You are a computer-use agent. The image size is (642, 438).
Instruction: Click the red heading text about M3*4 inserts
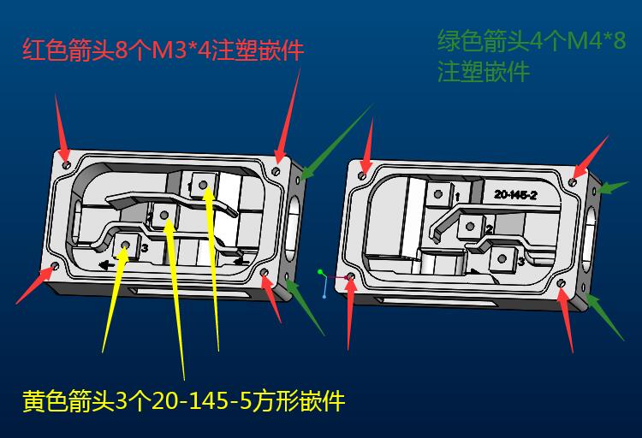tap(163, 50)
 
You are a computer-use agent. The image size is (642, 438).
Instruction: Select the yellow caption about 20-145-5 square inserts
tap(184, 400)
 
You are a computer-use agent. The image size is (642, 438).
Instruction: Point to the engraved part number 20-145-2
tap(515, 195)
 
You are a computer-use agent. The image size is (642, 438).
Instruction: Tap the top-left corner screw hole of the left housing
tap(67, 165)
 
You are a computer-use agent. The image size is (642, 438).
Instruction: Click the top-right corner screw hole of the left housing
tap(276, 171)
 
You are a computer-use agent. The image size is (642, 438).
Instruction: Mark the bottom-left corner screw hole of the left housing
tap(56, 267)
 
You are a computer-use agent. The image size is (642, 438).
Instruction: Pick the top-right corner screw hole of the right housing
tap(573, 182)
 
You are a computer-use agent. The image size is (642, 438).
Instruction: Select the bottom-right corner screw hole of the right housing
tap(562, 283)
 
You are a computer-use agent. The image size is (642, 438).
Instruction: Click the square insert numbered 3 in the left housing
tap(126, 246)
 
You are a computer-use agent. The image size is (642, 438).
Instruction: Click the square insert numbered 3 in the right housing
tap(502, 258)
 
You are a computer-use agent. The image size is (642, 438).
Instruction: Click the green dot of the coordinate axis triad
tap(320, 272)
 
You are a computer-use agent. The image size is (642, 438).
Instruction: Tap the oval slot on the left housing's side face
tap(293, 228)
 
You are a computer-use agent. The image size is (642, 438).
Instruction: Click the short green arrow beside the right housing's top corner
tap(612, 187)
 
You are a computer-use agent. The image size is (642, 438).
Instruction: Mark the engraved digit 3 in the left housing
tap(145, 247)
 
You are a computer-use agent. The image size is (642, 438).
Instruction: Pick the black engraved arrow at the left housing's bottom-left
tap(107, 265)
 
